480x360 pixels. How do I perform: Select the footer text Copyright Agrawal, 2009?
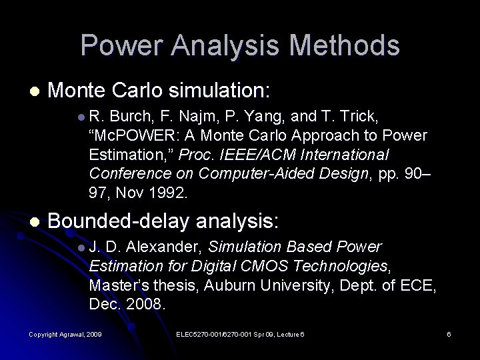pos(65,333)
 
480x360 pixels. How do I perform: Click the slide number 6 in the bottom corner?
pos(449,333)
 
